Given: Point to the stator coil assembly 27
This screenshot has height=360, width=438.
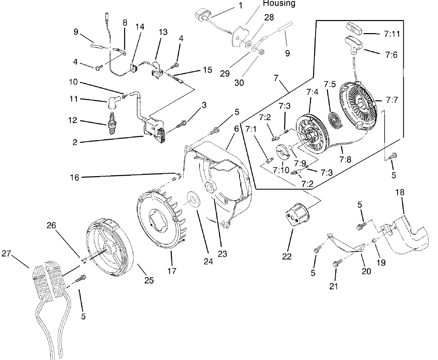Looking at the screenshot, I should point(48,278).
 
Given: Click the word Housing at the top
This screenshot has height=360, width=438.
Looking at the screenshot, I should point(279,4).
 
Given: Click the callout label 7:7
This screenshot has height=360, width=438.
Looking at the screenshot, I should point(390,100).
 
